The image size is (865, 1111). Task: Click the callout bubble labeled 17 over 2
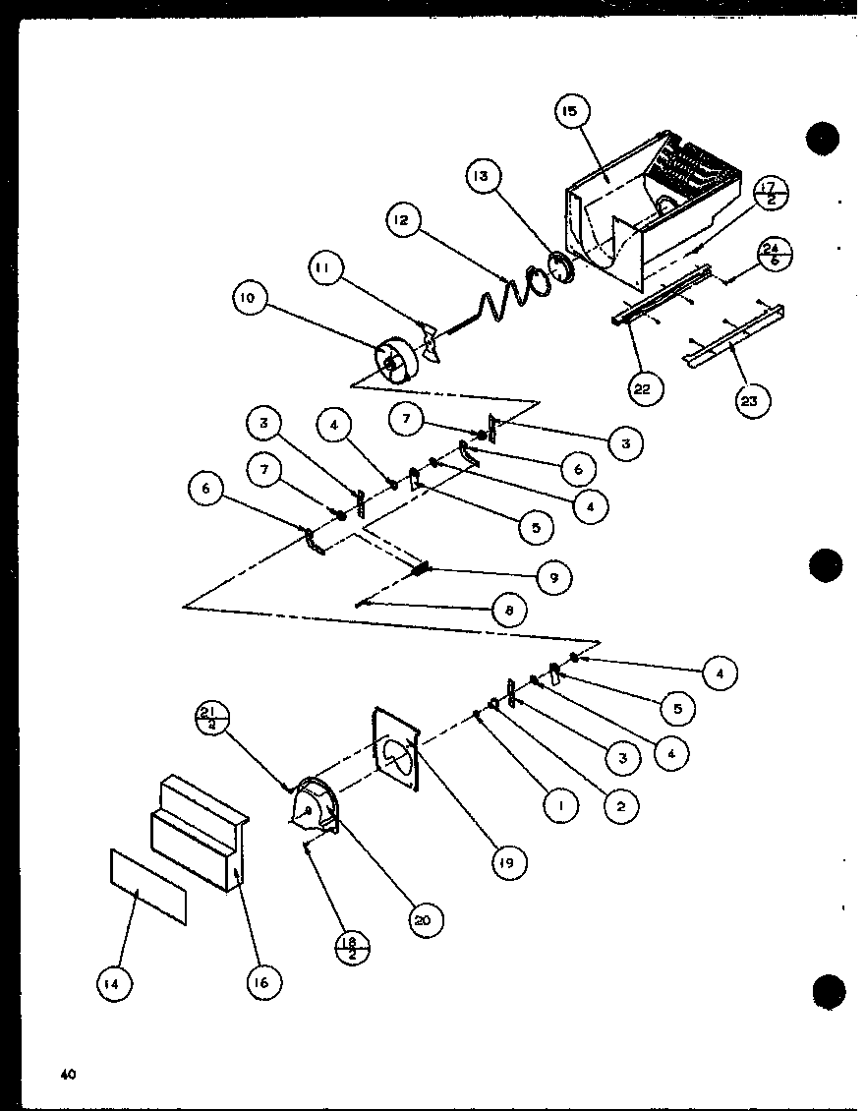tap(770, 195)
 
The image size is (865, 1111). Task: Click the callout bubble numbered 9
tap(553, 578)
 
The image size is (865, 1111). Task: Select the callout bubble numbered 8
tap(508, 612)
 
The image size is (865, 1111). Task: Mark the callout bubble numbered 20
tap(423, 920)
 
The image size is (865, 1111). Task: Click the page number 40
tap(67, 1075)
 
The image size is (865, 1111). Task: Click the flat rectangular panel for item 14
tap(147, 886)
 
